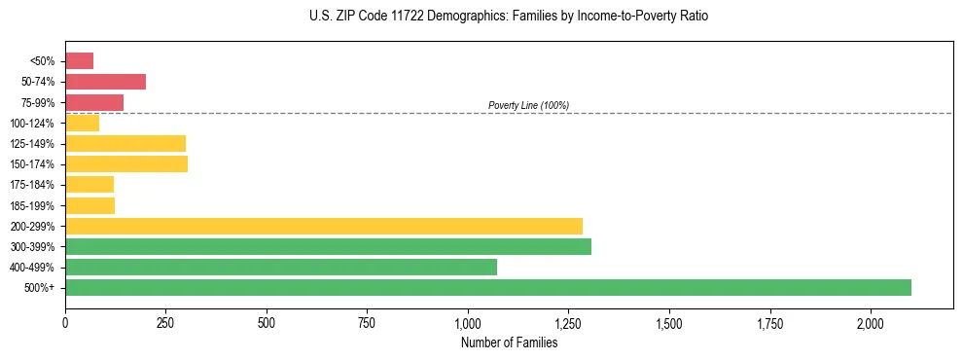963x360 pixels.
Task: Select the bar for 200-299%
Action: tap(324, 226)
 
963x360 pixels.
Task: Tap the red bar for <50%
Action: tap(79, 61)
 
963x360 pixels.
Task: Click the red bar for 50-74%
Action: tap(105, 82)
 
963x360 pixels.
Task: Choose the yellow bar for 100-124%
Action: tap(82, 123)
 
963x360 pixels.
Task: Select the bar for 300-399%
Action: tap(328, 246)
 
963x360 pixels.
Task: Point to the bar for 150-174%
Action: tap(126, 163)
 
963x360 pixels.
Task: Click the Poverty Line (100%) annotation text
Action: tap(528, 105)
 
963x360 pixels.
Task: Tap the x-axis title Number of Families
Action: tap(509, 342)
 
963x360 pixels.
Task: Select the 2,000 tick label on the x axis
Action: tap(871, 323)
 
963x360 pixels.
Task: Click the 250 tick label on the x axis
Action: tap(165, 323)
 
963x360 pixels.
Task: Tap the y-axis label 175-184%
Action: tap(37, 185)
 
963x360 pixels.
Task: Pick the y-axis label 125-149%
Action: tap(37, 144)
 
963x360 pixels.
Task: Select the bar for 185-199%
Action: tap(89, 205)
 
